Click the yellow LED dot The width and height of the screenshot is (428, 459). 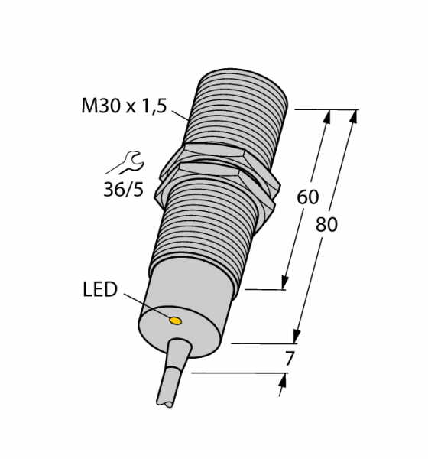click(176, 321)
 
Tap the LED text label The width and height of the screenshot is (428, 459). click(100, 289)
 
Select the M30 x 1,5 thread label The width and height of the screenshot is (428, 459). click(124, 106)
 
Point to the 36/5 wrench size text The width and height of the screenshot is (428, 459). click(124, 190)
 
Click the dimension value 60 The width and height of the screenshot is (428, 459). click(308, 197)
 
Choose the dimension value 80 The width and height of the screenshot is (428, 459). click(326, 225)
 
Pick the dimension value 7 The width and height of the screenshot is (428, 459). click(290, 359)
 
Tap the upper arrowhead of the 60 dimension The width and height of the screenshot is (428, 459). click(328, 116)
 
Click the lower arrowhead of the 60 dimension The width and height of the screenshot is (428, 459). click(284, 282)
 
